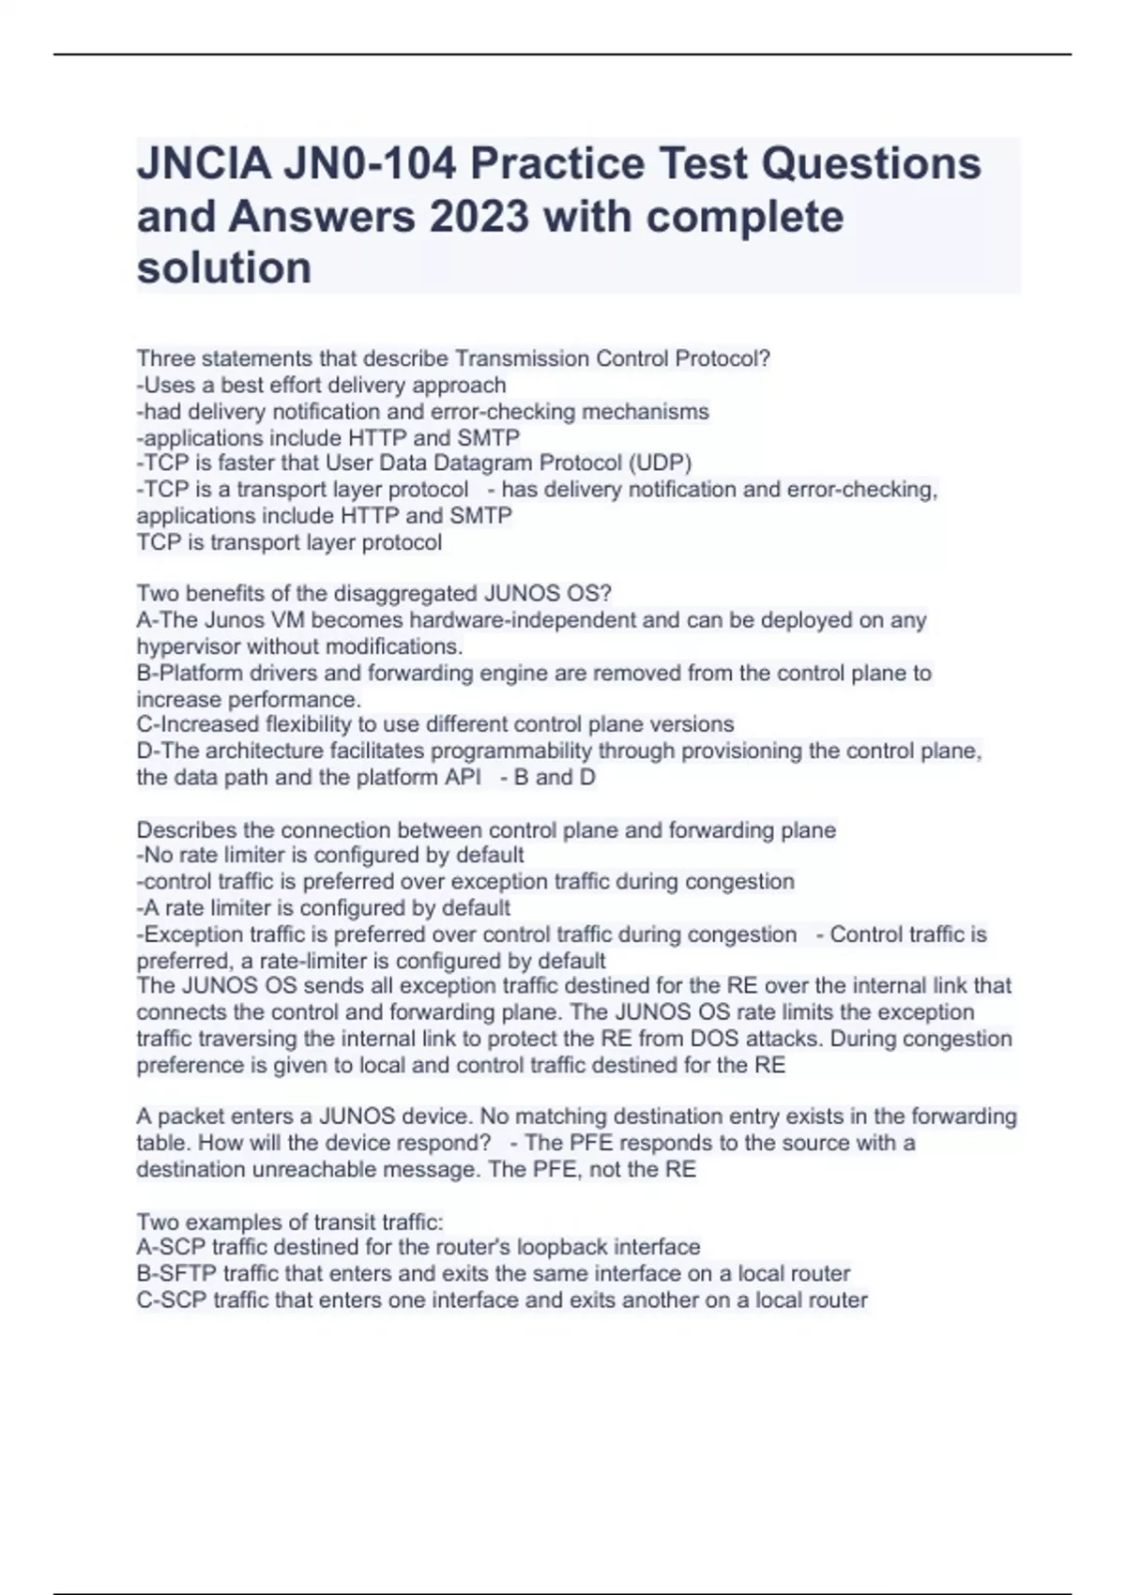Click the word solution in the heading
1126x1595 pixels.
pos(224,268)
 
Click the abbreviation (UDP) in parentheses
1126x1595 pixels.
pos(660,463)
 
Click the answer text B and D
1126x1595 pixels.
pos(555,777)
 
